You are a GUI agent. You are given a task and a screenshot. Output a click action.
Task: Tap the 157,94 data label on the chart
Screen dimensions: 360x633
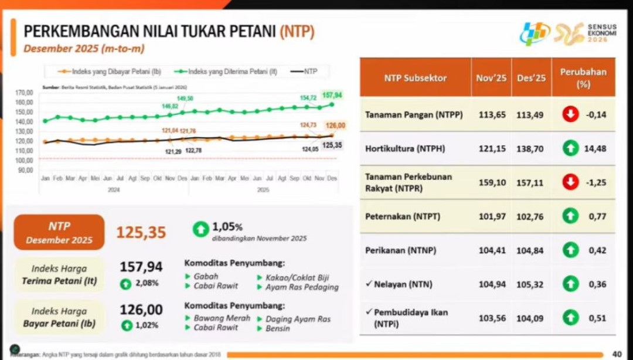(332, 94)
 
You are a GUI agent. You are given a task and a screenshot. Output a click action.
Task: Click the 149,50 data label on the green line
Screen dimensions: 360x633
(185, 99)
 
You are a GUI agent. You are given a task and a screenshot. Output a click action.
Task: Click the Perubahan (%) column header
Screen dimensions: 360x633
(583, 77)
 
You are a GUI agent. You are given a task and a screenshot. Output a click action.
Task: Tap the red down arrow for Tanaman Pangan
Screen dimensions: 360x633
(570, 114)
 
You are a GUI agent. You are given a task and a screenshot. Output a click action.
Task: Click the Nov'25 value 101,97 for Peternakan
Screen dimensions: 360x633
(491, 216)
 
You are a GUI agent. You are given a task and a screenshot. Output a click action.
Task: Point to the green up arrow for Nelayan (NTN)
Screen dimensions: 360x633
(570, 284)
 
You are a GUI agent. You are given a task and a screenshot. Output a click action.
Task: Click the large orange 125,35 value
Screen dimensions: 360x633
(141, 232)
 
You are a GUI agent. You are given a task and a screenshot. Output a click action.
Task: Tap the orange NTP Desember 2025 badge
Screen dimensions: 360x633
(59, 232)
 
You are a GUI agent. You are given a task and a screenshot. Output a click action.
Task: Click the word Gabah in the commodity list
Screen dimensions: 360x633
(206, 276)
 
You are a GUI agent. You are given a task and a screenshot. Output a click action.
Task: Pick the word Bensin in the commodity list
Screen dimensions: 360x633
(278, 328)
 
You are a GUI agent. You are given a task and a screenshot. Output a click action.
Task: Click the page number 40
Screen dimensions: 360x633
(616, 354)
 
